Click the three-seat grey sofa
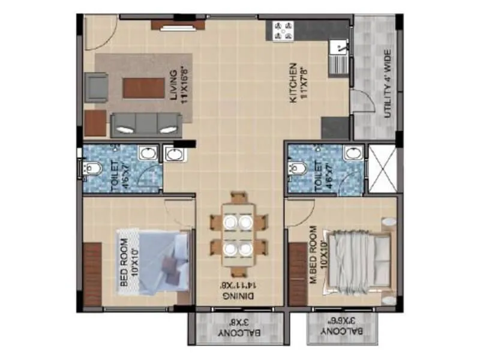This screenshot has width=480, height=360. [145, 124]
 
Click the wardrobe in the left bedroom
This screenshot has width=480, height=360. [92, 274]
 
